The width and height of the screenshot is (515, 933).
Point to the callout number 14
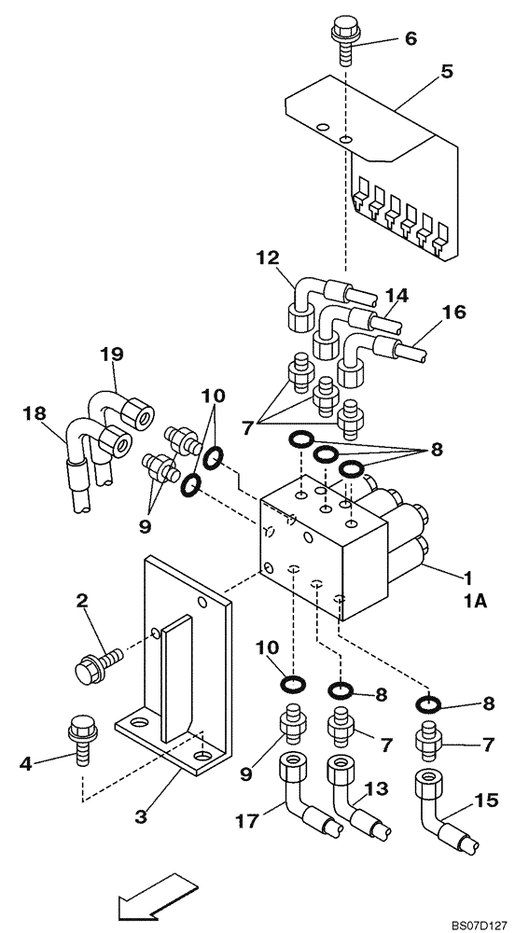pyautogui.click(x=397, y=296)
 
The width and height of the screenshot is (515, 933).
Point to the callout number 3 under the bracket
pyautogui.click(x=140, y=817)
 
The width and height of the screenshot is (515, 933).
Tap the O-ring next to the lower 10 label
pyautogui.click(x=291, y=686)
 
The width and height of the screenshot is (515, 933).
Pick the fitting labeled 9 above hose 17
pyautogui.click(x=290, y=725)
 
